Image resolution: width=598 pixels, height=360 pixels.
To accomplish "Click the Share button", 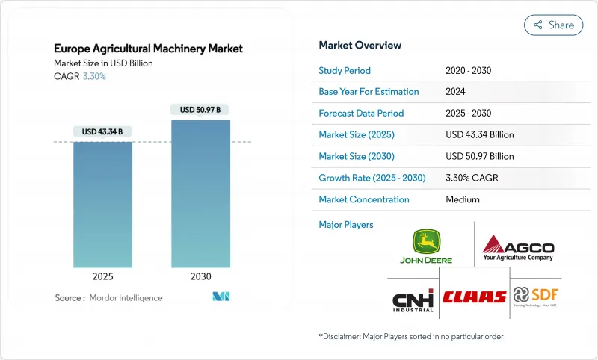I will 553,25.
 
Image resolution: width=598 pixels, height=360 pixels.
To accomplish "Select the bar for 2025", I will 103,202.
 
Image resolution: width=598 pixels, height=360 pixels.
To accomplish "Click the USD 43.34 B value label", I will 103,132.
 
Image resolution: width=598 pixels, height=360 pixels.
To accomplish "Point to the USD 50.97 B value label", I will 200,110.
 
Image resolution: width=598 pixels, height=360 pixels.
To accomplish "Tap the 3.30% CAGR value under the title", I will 94,76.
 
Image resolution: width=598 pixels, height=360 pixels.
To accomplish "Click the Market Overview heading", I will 360,45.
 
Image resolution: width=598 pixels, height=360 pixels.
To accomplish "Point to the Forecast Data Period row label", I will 361,114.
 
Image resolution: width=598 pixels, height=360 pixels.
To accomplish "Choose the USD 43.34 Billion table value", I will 479,135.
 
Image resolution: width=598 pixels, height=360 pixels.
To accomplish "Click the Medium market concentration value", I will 462,199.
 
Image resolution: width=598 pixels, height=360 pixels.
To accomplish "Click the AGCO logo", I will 518,247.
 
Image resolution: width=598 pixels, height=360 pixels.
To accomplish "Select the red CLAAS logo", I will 474,297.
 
